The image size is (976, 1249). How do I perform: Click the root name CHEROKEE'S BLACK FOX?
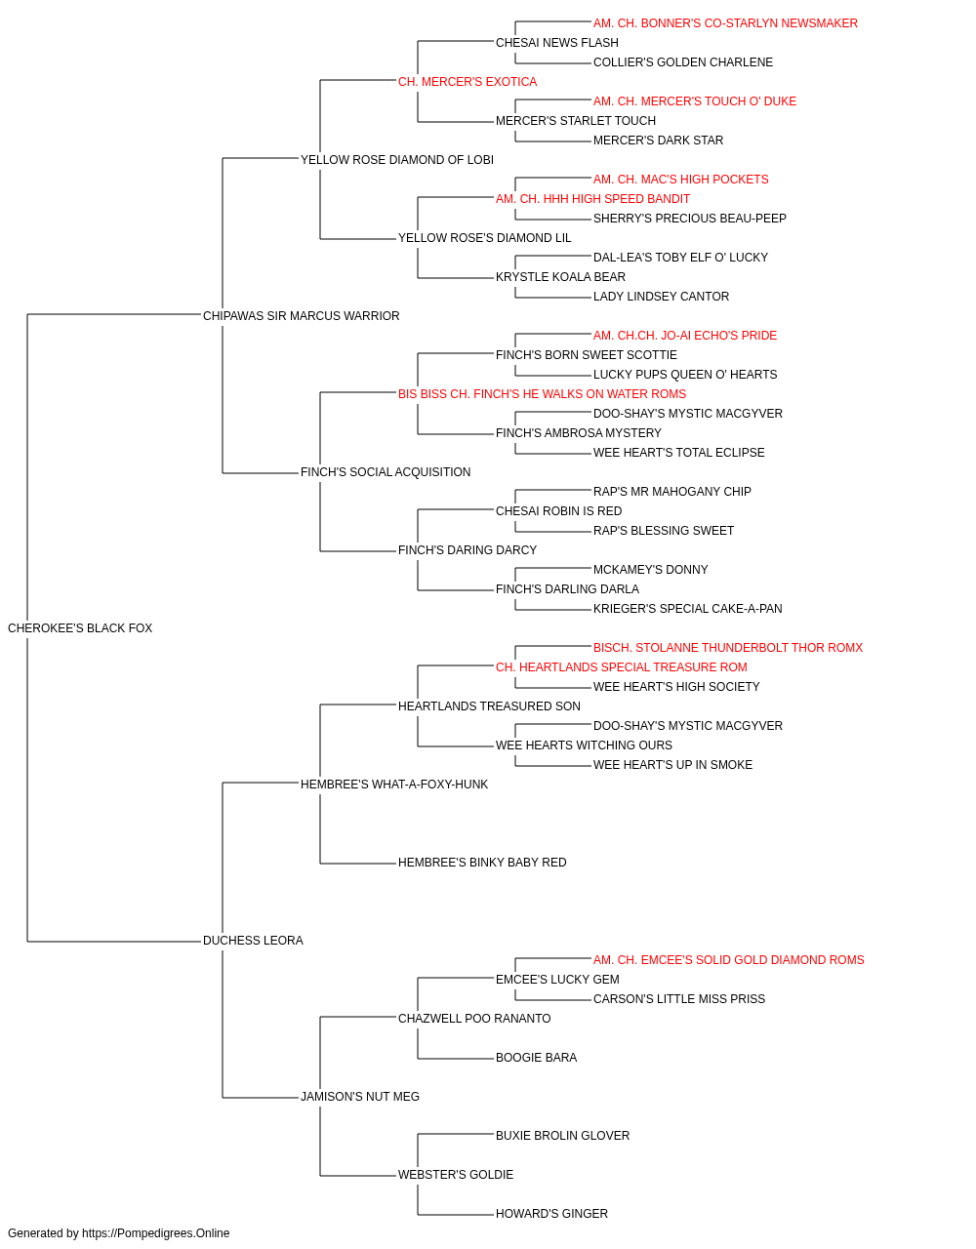click(80, 628)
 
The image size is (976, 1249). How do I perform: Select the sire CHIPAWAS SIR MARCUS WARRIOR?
click(302, 316)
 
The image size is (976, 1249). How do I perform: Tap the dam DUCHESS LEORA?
click(253, 941)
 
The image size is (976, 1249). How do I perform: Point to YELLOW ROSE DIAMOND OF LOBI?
click(397, 160)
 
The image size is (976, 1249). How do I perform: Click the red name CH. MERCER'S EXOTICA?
click(468, 82)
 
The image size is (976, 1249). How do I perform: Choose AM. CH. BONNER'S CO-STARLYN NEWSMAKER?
click(725, 23)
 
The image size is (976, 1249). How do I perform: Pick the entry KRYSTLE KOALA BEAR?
click(560, 277)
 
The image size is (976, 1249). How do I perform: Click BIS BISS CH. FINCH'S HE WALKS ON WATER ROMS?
click(542, 394)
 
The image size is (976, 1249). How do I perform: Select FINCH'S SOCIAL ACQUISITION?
click(386, 472)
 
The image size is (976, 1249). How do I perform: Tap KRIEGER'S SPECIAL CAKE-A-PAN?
click(687, 609)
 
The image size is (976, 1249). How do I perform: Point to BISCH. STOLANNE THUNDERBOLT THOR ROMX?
click(728, 648)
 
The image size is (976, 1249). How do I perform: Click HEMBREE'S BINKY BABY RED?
click(482, 863)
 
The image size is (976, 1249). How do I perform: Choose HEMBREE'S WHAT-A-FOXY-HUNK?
click(394, 784)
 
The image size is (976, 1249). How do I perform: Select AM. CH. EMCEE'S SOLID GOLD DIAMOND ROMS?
click(729, 960)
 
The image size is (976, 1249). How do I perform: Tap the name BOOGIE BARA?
click(536, 1058)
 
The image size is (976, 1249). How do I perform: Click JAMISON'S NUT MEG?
click(360, 1097)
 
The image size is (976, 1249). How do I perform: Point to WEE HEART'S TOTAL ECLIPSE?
click(679, 453)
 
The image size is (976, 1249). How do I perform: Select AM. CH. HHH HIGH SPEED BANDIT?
click(592, 199)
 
